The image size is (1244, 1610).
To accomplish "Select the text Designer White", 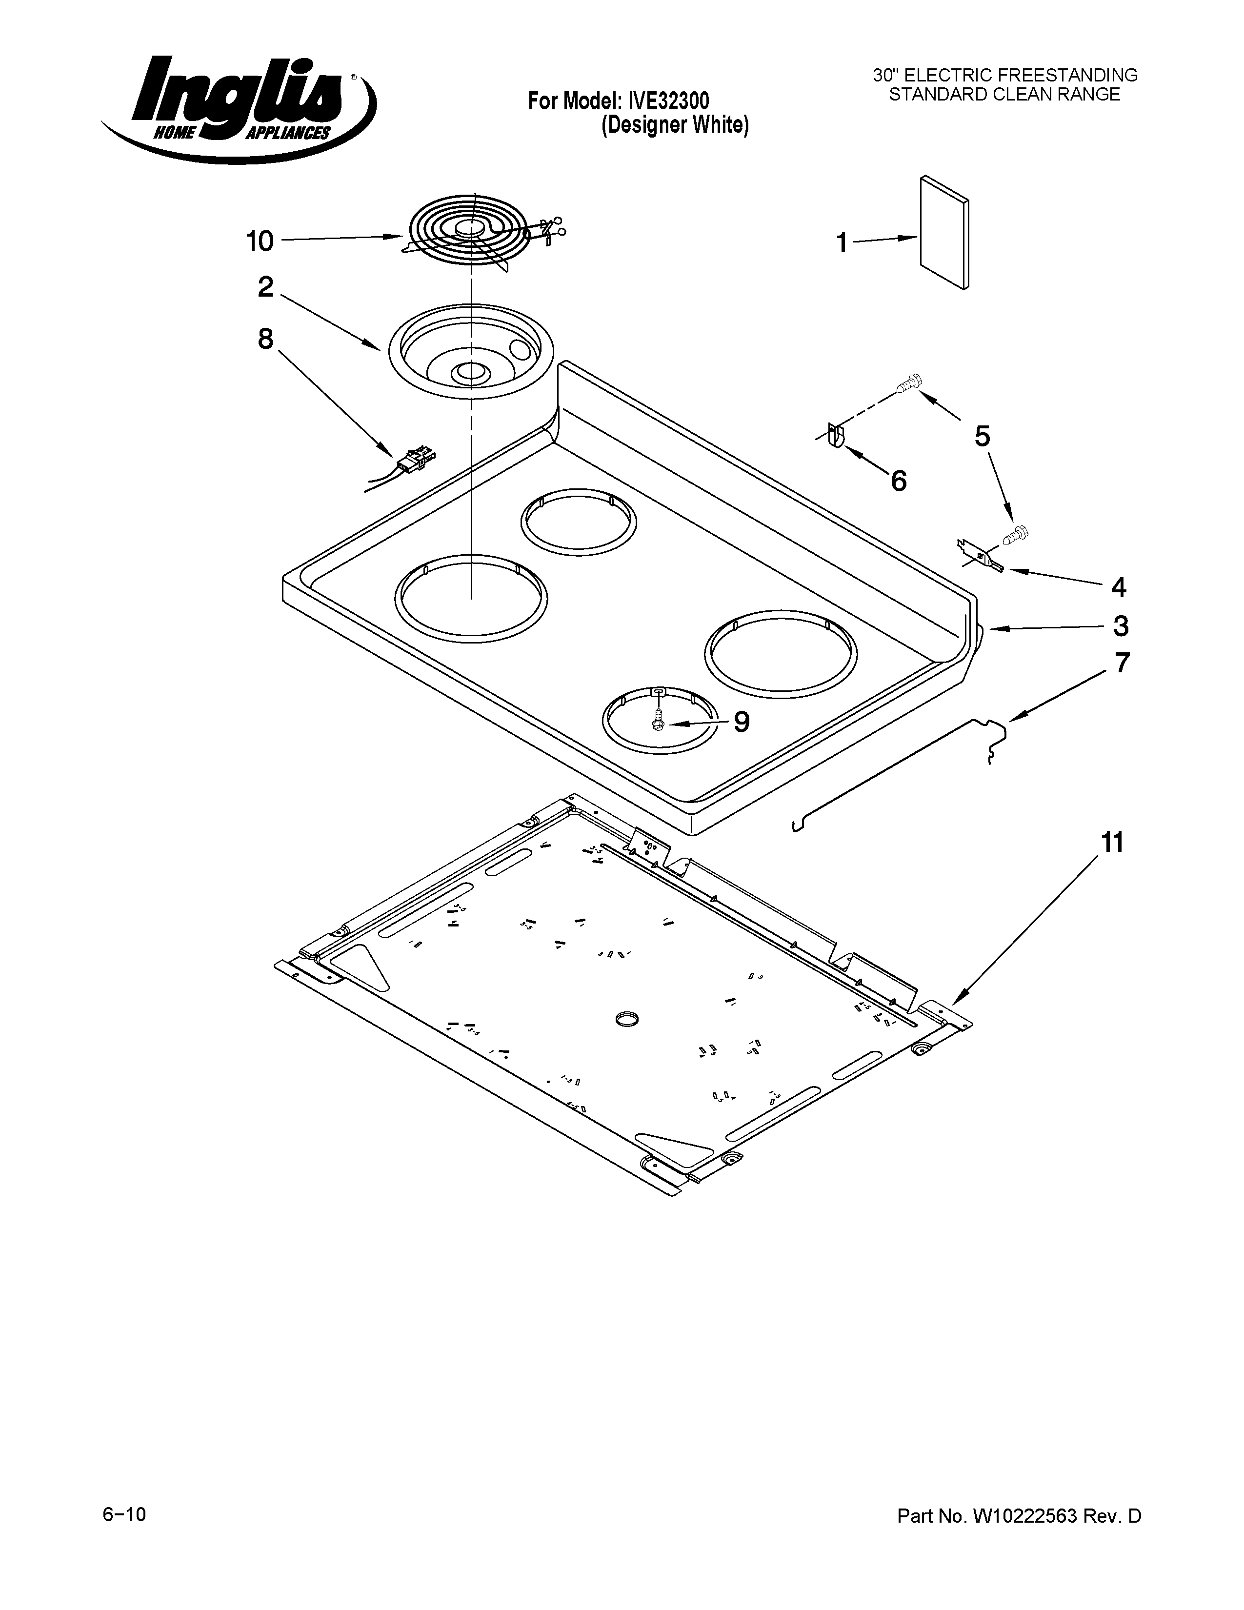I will tap(674, 126).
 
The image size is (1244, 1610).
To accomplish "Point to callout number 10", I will tap(260, 241).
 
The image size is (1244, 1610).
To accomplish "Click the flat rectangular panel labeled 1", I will tap(944, 233).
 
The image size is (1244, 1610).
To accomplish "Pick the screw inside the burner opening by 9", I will tap(658, 719).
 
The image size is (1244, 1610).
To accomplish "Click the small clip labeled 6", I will tap(836, 434).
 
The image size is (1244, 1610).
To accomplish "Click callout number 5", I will tap(982, 437).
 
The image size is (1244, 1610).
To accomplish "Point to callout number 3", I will tap(1120, 626).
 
